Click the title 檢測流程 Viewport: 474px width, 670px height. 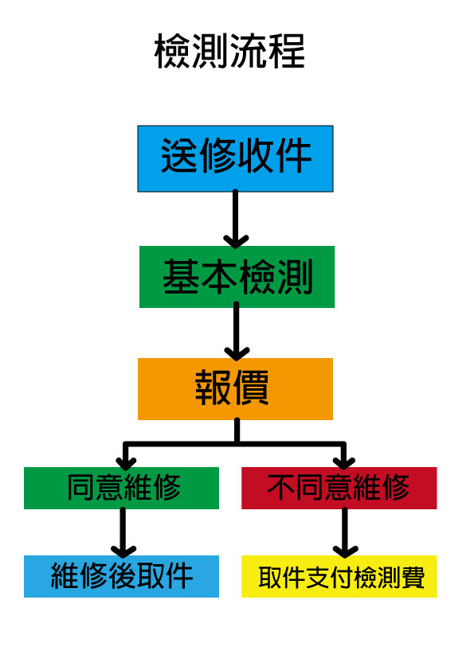(229, 51)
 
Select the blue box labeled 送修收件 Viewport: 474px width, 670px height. (235, 158)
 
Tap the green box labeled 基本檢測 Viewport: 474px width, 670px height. (237, 277)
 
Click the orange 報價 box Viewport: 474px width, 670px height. (235, 389)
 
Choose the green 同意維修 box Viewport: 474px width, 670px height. (122, 488)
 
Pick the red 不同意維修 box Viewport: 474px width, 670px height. (339, 488)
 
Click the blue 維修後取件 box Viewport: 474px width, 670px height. (122, 576)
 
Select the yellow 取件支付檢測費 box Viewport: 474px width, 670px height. (339, 576)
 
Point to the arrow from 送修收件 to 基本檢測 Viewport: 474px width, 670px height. (235, 219)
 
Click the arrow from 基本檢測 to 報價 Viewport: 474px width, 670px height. (236, 331)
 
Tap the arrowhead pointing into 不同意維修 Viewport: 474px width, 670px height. (344, 463)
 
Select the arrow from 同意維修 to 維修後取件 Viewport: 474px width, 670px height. (123, 533)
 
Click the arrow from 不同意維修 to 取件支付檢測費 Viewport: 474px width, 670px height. (345, 533)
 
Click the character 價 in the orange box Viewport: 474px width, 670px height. (250, 388)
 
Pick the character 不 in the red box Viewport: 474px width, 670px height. (281, 487)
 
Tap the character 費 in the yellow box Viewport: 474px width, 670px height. (410, 578)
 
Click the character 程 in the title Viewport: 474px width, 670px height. (287, 51)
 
